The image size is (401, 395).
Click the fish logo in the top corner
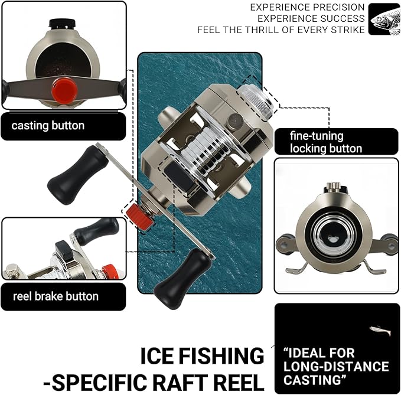tap(384, 19)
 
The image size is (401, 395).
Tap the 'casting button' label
tap(48, 126)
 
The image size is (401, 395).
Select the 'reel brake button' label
tap(56, 296)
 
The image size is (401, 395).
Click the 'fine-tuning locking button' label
tap(326, 142)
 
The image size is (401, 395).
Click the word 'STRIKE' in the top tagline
tap(344, 30)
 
